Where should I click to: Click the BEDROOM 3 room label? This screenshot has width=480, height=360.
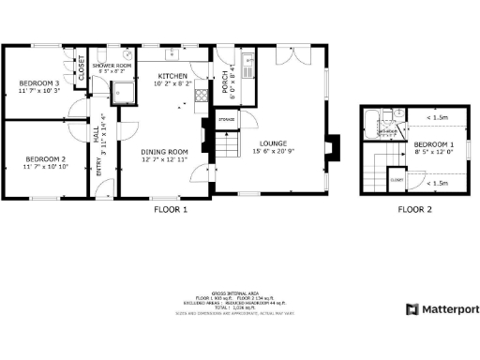[x=38, y=83]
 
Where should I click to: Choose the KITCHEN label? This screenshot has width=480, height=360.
[x=172, y=76]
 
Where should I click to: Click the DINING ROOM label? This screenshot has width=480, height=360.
[x=165, y=152]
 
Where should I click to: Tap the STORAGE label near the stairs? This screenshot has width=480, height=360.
[x=226, y=119]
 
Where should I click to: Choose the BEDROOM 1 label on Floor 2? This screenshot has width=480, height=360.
[x=433, y=144]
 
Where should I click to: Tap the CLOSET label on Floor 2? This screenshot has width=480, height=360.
[x=397, y=177]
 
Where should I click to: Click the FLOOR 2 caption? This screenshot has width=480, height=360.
[x=414, y=210]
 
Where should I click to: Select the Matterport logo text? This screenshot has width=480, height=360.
[x=447, y=308]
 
